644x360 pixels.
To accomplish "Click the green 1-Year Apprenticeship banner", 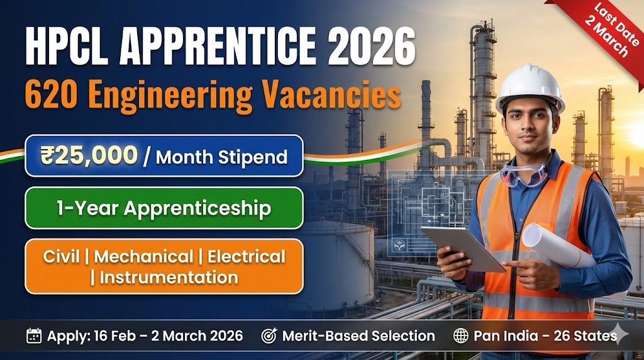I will coord(164,208).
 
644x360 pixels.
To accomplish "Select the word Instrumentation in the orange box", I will coord(169,277).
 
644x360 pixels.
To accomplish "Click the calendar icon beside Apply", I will coord(34,336).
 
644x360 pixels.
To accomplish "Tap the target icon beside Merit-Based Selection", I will coord(269,336).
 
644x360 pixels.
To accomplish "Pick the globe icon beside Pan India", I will coord(461,336).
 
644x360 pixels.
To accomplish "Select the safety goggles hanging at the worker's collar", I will coord(524,175).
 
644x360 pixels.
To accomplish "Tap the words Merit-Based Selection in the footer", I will coord(358,336).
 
